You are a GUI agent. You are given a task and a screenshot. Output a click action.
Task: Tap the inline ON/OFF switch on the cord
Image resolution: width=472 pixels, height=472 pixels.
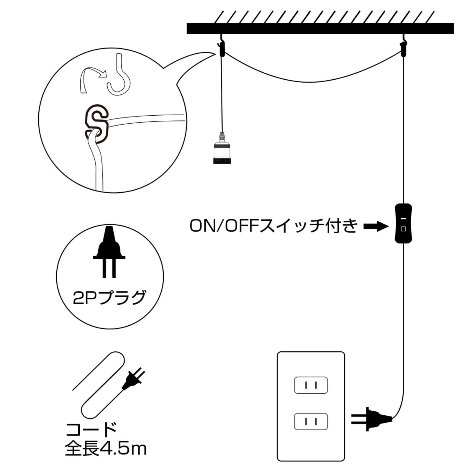[403, 223]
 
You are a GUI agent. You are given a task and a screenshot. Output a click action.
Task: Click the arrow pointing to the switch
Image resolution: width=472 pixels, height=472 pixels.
[376, 227]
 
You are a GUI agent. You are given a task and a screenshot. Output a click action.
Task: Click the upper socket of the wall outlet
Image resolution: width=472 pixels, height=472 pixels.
[311, 385]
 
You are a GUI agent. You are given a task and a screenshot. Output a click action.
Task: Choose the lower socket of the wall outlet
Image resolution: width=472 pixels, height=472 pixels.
[311, 421]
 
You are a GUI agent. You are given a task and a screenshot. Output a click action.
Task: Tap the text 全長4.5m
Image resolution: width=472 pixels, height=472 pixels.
[106, 448]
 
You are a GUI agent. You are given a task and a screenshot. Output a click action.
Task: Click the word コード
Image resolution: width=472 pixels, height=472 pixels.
[91, 430]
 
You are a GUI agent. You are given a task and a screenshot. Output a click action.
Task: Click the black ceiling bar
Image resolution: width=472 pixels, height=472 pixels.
[320, 29]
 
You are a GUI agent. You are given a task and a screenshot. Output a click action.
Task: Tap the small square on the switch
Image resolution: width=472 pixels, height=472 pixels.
[403, 229]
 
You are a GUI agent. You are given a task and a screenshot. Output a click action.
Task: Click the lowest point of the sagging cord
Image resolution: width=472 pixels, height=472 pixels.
[310, 82]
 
